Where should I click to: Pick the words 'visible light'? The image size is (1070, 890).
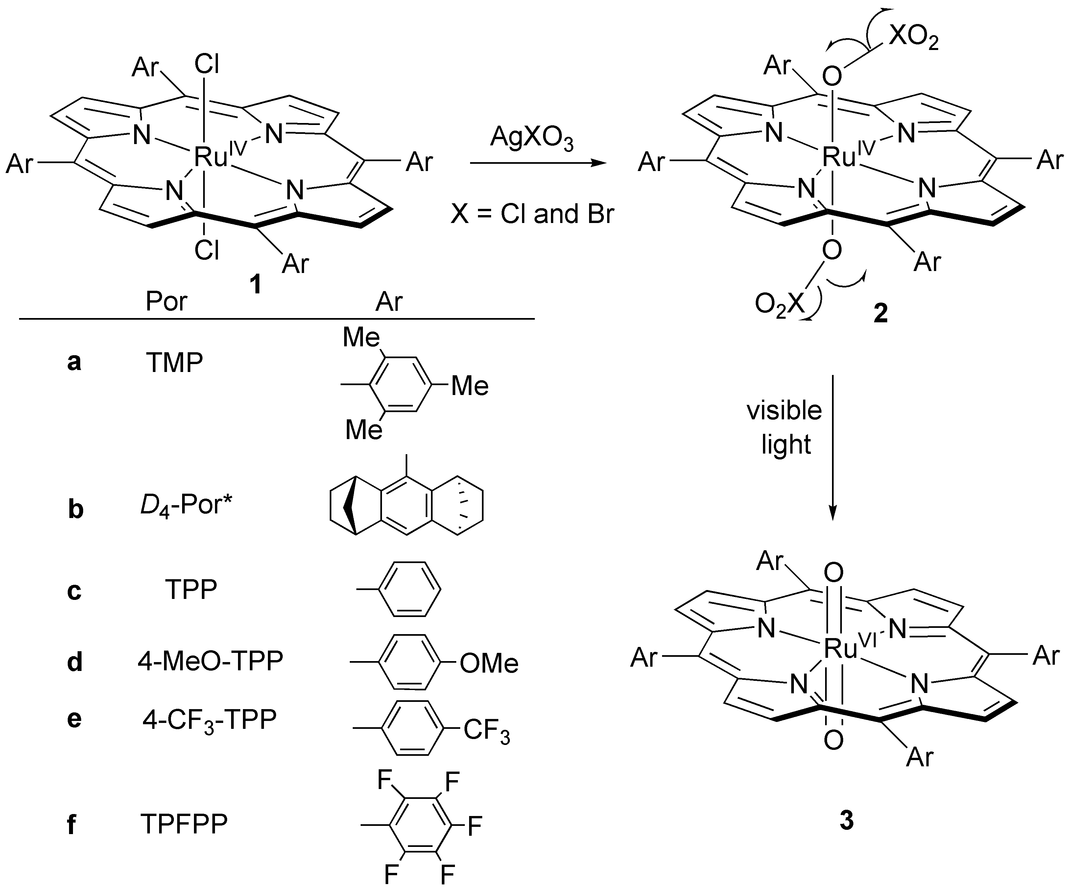[785, 427]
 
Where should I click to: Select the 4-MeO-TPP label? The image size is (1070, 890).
[210, 661]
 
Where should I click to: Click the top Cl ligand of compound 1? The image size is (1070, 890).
[206, 65]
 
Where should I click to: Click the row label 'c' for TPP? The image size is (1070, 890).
[74, 591]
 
